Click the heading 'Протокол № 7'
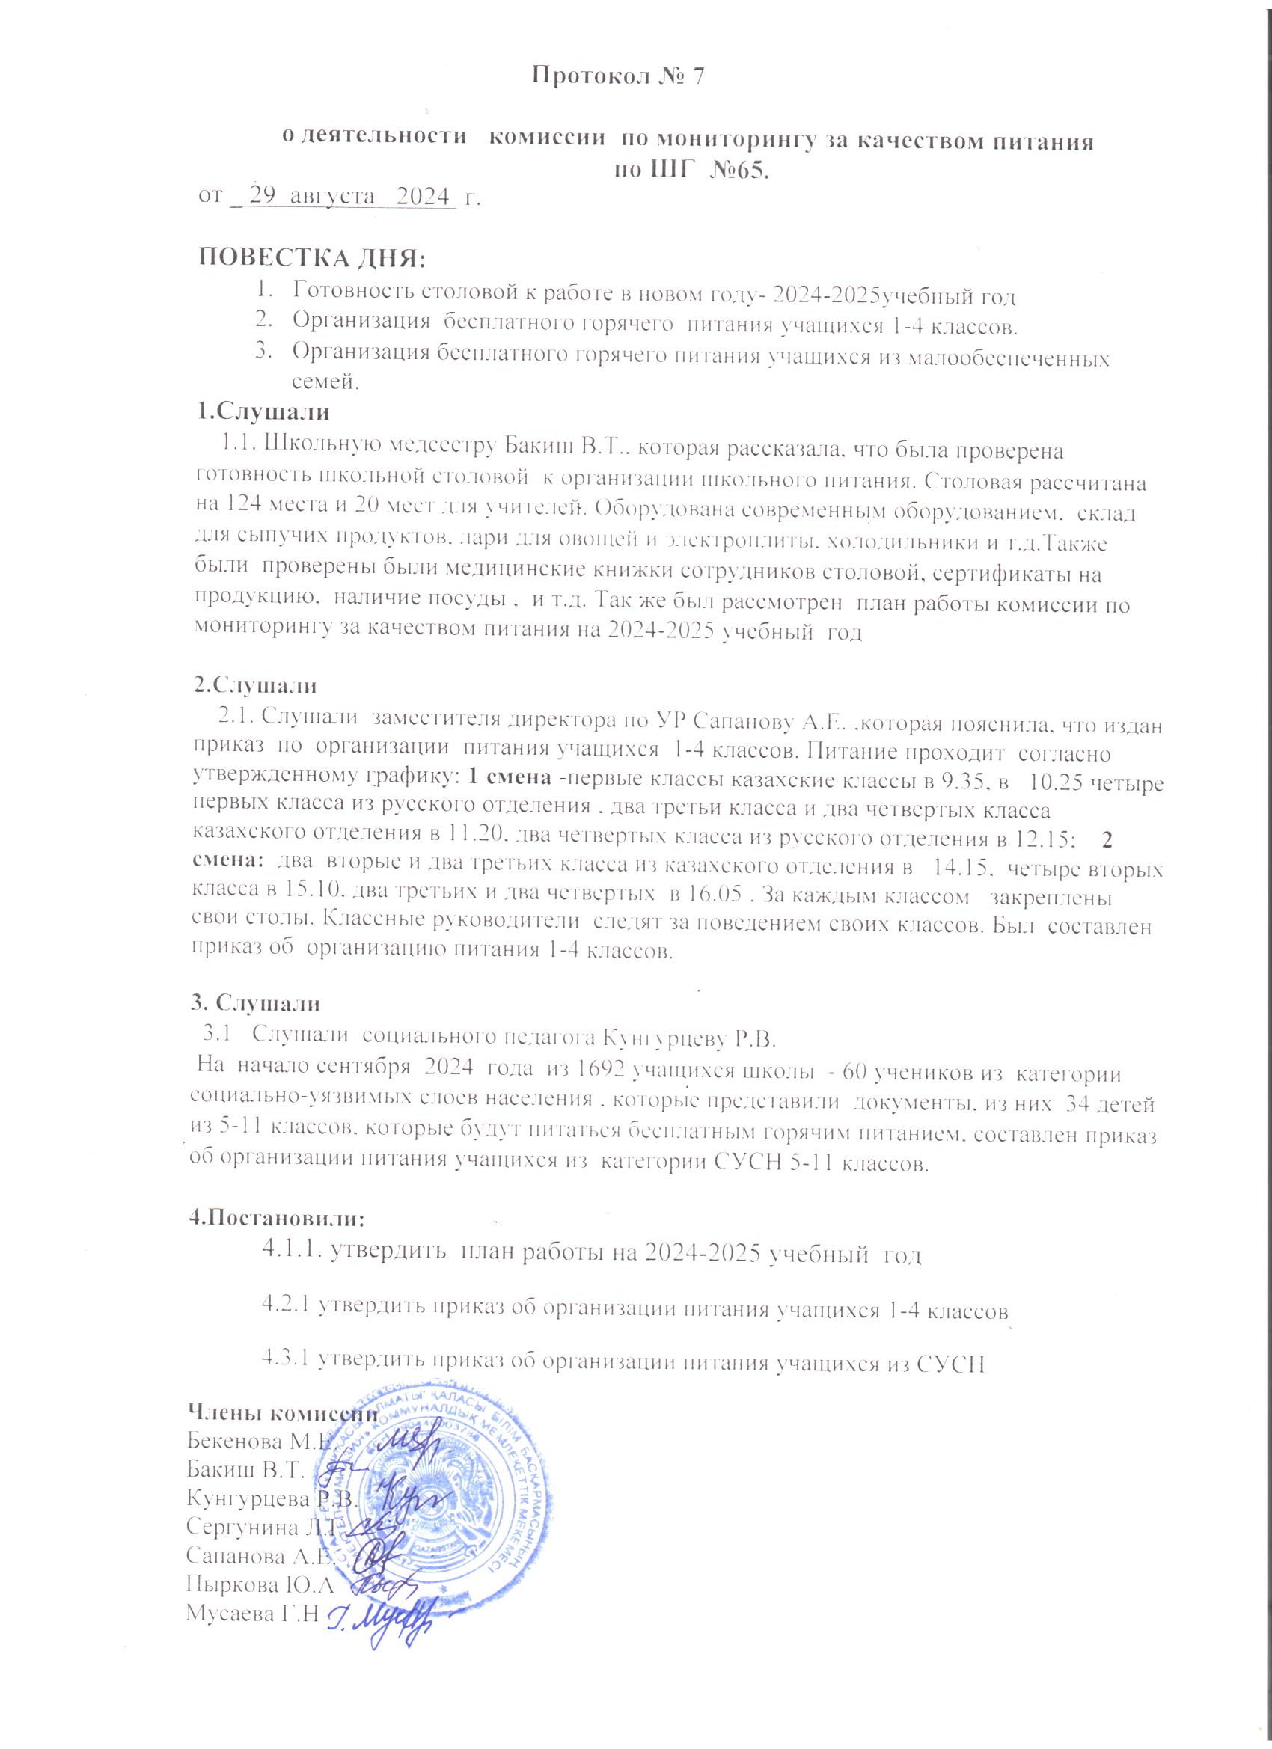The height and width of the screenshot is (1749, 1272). (620, 76)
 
